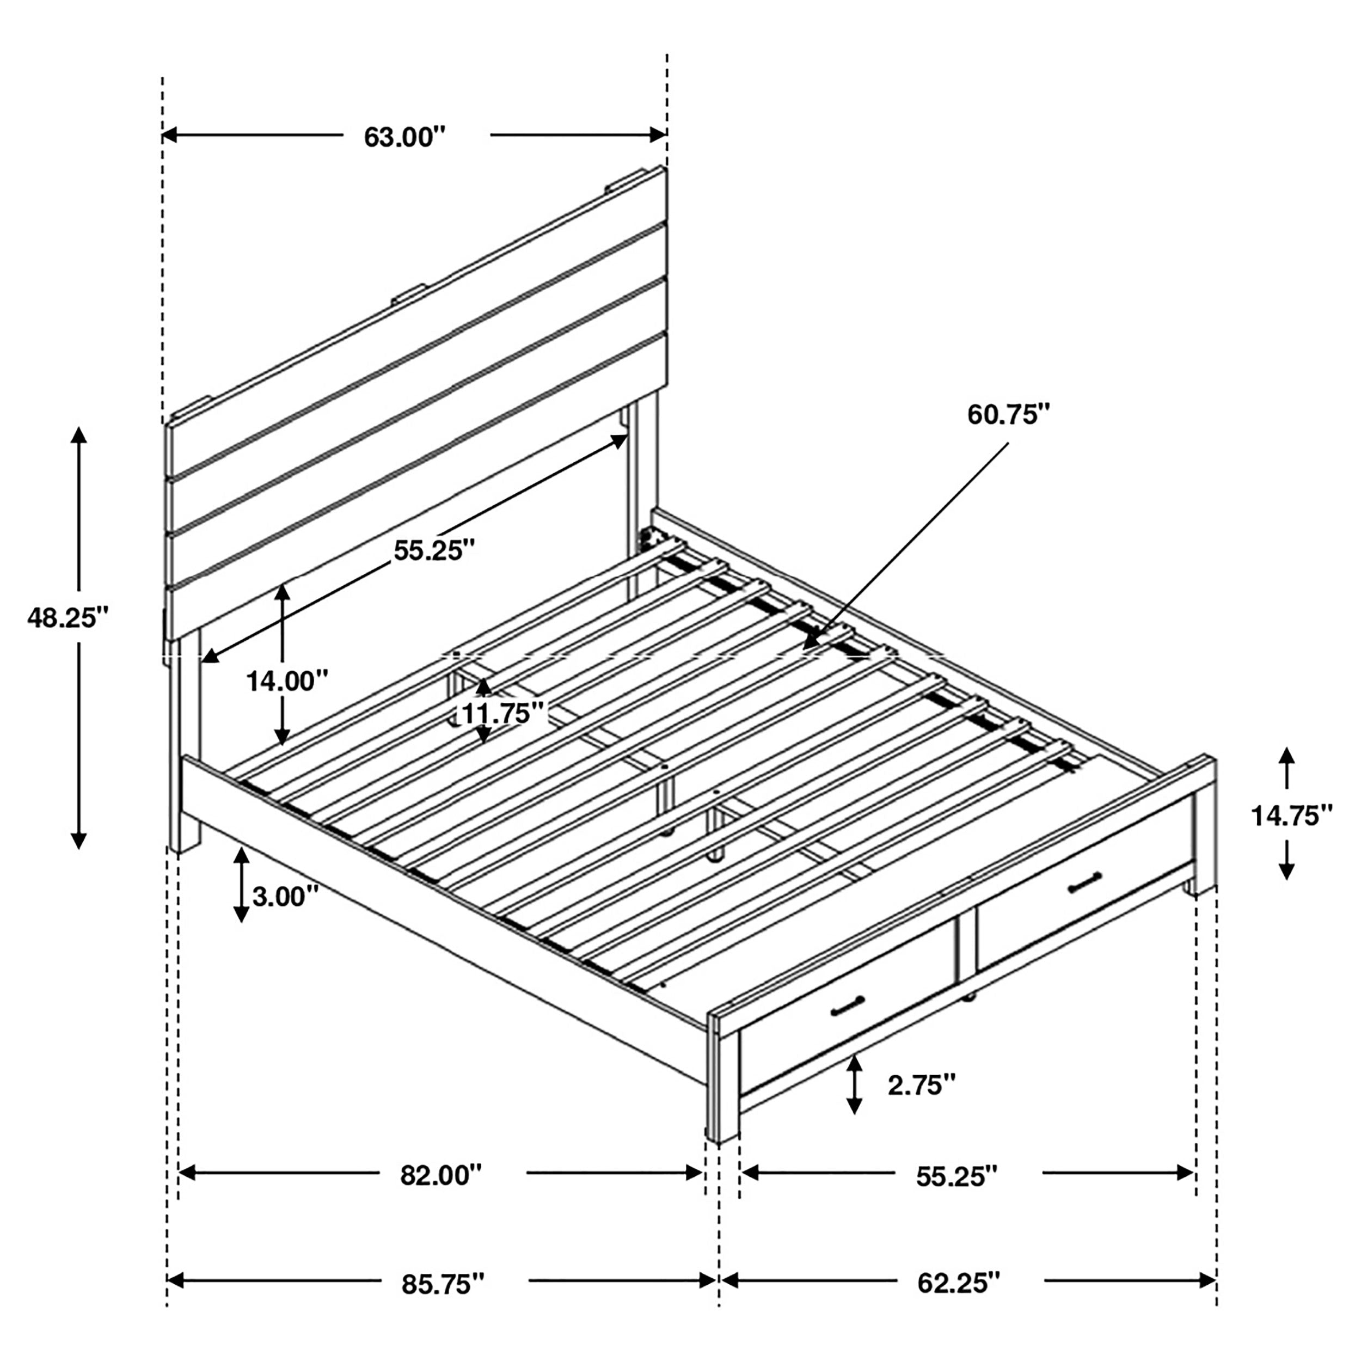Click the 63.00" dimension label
click(x=405, y=137)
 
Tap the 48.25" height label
click(x=69, y=618)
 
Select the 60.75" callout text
click(x=1008, y=414)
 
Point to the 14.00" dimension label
click(x=287, y=680)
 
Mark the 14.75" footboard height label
click(x=1291, y=815)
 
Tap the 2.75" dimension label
click(x=922, y=1085)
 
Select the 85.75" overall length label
click(x=443, y=1284)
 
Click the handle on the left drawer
click(x=848, y=1007)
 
